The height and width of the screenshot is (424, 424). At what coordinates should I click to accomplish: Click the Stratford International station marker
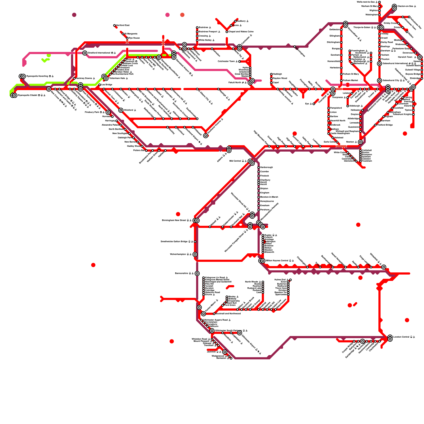[85, 53]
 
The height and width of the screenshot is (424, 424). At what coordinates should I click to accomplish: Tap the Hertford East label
[123, 25]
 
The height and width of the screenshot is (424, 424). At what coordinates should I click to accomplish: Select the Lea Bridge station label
[107, 85]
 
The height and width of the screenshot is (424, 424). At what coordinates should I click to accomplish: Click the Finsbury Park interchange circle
[108, 112]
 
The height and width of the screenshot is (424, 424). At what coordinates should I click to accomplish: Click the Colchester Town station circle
[240, 61]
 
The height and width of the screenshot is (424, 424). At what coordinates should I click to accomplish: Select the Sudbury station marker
[235, 21]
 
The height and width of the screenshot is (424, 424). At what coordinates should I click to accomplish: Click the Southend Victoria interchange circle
[206, 136]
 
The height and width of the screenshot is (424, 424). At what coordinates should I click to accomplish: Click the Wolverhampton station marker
[195, 254]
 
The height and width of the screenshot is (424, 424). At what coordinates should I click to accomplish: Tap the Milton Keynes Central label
[280, 261]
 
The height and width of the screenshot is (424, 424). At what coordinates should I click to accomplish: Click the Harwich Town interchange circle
[420, 57]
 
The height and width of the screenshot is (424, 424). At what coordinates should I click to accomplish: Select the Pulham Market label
[350, 81]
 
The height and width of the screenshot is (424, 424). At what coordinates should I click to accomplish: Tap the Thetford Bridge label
[385, 125]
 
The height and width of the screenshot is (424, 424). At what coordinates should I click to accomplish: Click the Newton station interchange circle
[360, 142]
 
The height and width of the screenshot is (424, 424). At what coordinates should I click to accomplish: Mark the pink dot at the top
[167, 15]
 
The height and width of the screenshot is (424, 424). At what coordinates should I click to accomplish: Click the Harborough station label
[266, 167]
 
